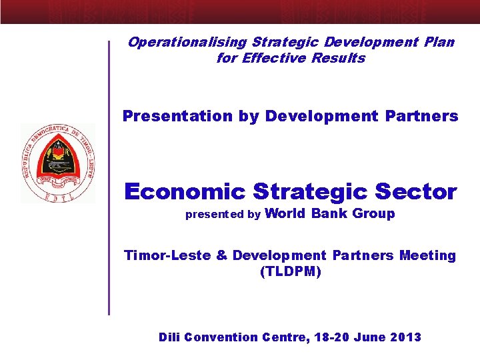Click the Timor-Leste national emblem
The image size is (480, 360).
tap(58, 163)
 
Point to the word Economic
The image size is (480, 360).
tap(185, 192)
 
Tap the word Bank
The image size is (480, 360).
tap(329, 214)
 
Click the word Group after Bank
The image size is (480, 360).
tap(373, 214)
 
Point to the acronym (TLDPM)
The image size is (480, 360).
tap(290, 272)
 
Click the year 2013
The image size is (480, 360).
tap(407, 337)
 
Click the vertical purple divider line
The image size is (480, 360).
tap(109, 177)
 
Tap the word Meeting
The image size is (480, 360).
tap(427, 255)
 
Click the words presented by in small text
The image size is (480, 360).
tap(223, 215)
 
